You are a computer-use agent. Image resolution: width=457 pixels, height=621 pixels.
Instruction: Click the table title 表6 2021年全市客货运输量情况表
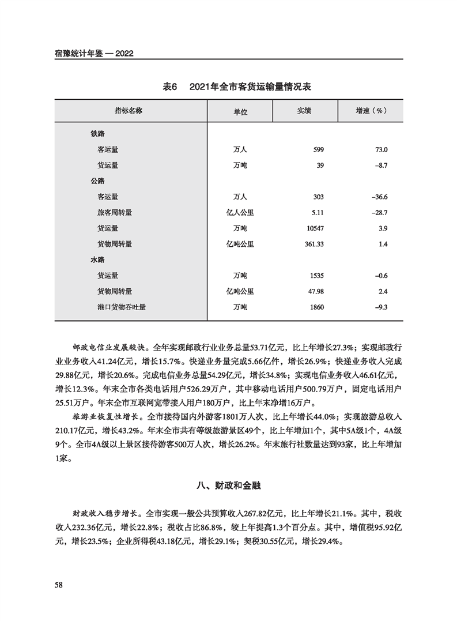[x=229, y=86]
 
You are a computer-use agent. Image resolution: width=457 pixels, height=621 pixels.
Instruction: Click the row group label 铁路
[x=97, y=134]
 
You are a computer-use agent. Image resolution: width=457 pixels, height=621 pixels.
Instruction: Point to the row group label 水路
[x=97, y=260]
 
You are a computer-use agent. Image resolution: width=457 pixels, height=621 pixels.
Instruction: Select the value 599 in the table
[x=319, y=150]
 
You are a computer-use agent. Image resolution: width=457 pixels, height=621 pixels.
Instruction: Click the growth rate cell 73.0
[x=382, y=150]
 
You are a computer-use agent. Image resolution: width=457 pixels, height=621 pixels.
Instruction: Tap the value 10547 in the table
[x=315, y=228]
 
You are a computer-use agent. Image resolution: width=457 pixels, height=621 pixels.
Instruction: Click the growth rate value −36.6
[x=380, y=197]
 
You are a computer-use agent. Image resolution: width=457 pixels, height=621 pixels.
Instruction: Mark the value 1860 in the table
[x=316, y=307]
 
